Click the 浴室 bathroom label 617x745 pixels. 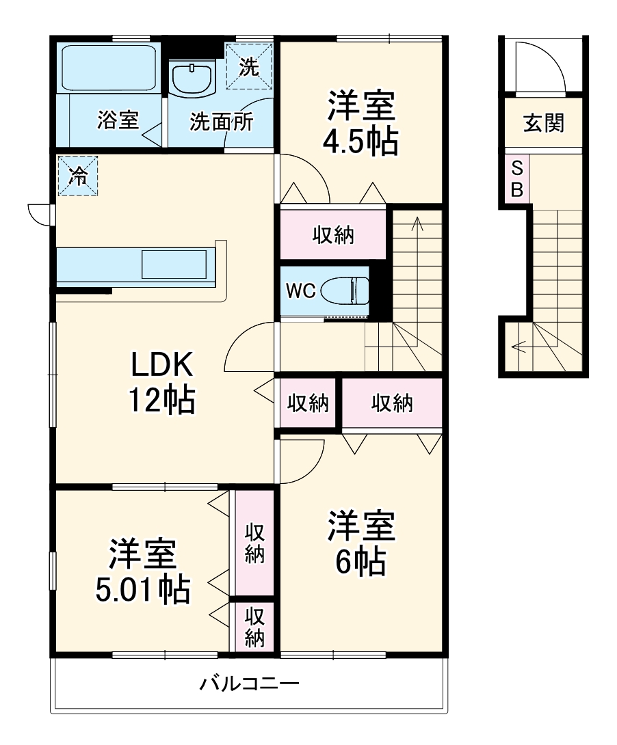(118, 121)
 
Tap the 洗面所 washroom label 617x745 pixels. (221, 122)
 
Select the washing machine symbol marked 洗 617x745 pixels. (250, 66)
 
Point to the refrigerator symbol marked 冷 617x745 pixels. (78, 176)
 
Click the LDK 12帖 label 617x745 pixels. (163, 383)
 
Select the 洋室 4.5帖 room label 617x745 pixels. (360, 124)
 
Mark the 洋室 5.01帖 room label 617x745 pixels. (142, 572)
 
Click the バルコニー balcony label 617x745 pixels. (249, 683)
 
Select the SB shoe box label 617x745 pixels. (516, 179)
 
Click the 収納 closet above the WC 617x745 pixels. (333, 234)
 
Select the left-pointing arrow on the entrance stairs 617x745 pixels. (518, 347)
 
